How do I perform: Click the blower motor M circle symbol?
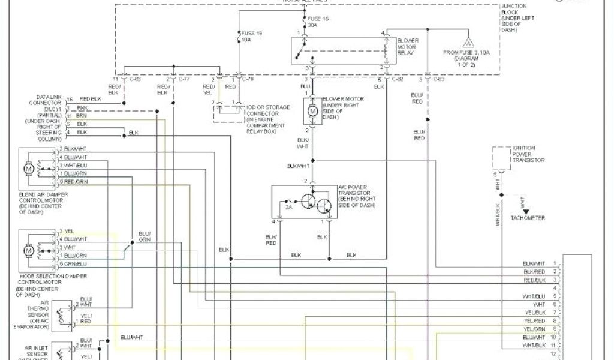click(x=312, y=110)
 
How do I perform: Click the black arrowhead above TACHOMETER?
click(x=525, y=212)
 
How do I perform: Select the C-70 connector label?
click(x=246, y=79)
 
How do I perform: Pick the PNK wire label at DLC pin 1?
click(x=82, y=107)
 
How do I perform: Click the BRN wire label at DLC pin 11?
click(x=82, y=115)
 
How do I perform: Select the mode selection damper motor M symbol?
click(x=28, y=249)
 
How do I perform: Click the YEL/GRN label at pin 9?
click(x=534, y=329)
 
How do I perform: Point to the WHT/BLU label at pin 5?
click(x=534, y=296)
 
